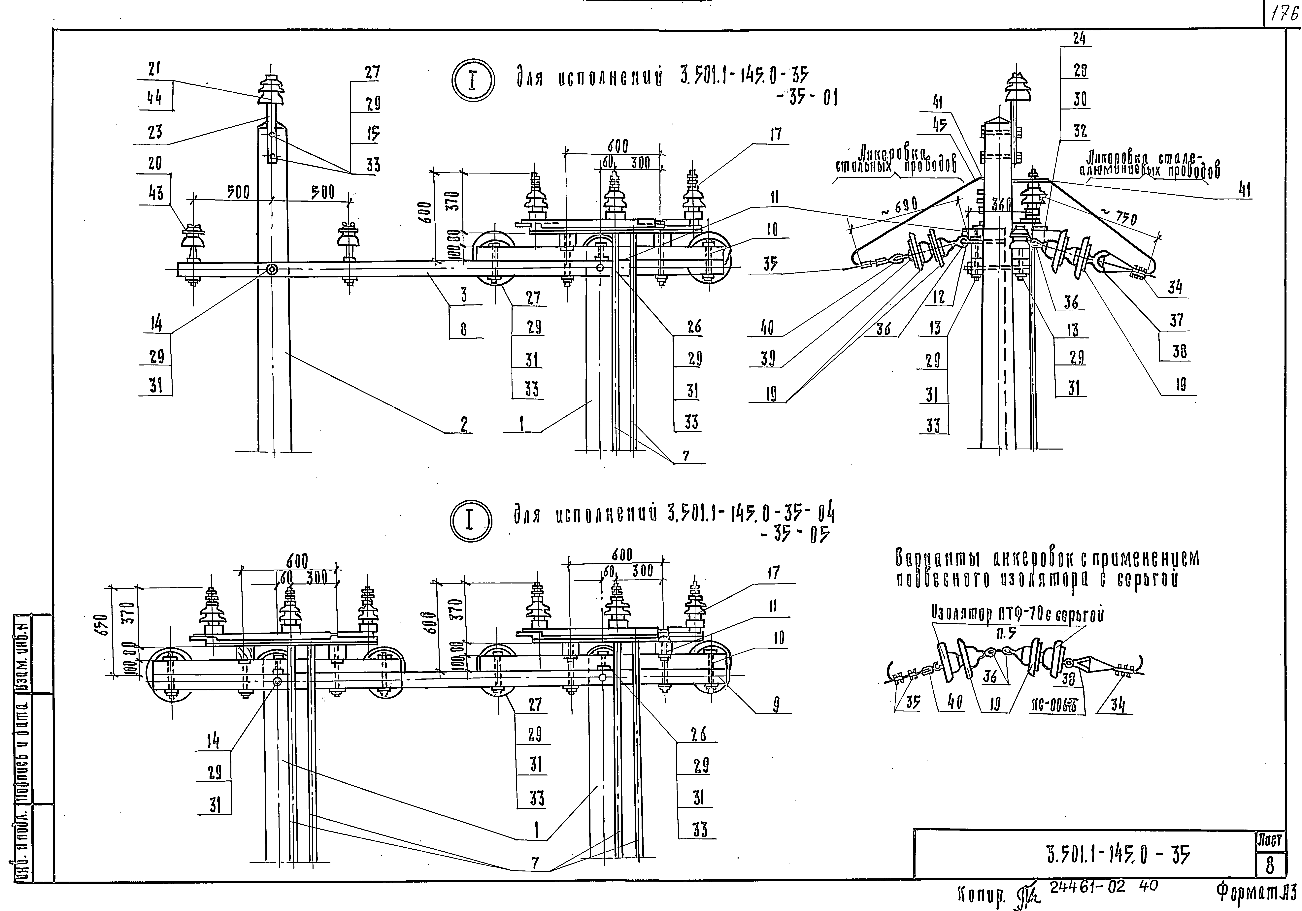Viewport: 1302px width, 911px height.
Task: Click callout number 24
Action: (1079, 39)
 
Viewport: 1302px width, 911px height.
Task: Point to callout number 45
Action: (940, 126)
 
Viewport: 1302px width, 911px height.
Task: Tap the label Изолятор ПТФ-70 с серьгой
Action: (1018, 614)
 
